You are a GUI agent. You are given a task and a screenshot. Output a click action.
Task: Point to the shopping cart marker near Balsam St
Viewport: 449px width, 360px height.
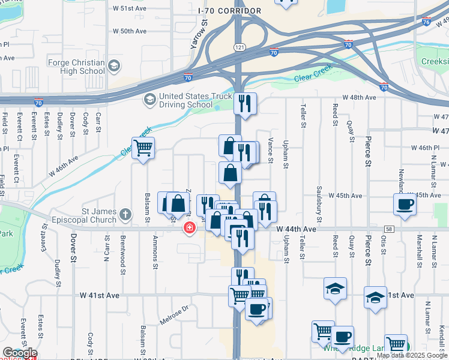(x=143, y=148)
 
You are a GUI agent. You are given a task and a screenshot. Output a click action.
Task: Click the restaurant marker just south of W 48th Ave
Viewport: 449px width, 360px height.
(x=245, y=103)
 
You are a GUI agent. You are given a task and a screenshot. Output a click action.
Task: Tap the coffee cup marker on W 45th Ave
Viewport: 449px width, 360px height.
(x=404, y=204)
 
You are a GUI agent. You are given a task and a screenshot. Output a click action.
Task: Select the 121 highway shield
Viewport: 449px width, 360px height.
(x=240, y=47)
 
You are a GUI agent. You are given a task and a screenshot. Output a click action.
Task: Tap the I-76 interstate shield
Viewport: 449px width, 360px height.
(x=426, y=22)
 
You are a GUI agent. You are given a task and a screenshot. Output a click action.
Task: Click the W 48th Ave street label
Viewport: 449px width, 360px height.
(x=359, y=97)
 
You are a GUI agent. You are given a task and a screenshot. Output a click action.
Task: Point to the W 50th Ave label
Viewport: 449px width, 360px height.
(x=130, y=31)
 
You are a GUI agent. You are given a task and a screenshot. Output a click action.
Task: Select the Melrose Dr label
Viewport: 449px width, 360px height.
(x=174, y=315)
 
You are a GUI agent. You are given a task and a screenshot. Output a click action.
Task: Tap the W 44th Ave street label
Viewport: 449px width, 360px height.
(x=296, y=229)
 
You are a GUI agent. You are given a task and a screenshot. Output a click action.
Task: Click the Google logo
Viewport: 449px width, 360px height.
(x=20, y=353)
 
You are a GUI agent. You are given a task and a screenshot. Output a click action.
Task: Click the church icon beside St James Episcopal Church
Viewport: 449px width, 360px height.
(x=125, y=214)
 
